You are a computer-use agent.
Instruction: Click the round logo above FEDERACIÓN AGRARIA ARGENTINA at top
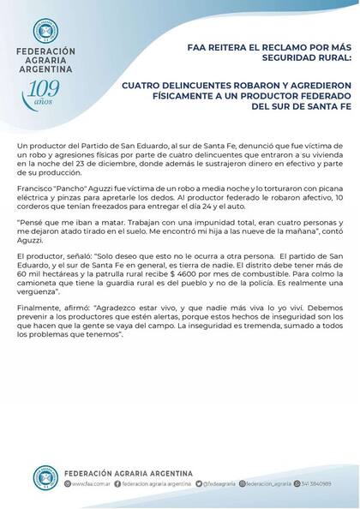(x=45, y=30)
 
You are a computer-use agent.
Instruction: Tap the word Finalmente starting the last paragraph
(x=39, y=326)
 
